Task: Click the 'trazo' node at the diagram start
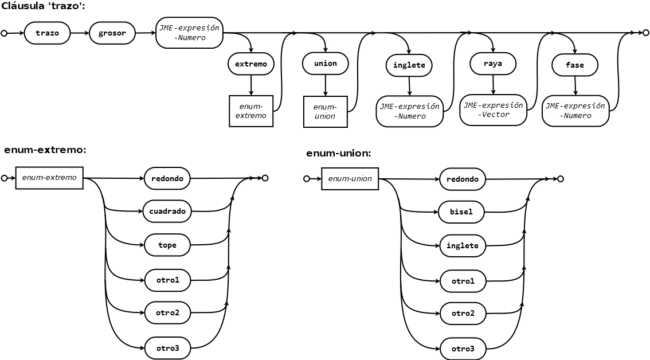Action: pyautogui.click(x=47, y=33)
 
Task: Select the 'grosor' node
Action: pyautogui.click(x=112, y=33)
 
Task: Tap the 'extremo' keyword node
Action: pyautogui.click(x=251, y=64)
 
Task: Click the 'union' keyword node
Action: pyautogui.click(x=326, y=64)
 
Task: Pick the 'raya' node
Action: pyautogui.click(x=493, y=64)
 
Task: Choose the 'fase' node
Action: pyautogui.click(x=574, y=65)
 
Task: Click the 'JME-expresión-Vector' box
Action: pyautogui.click(x=494, y=110)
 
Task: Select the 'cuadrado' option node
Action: pyautogui.click(x=167, y=211)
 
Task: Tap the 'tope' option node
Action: pyautogui.click(x=167, y=245)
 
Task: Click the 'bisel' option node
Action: pyautogui.click(x=461, y=212)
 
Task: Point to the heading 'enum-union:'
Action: pyautogui.click(x=339, y=154)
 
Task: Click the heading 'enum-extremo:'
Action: pyautogui.click(x=45, y=150)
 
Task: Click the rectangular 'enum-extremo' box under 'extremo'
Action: pyautogui.click(x=251, y=111)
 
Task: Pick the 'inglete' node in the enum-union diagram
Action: pyautogui.click(x=462, y=245)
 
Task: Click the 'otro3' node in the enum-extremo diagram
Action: pyautogui.click(x=167, y=348)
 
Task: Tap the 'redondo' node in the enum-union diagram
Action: pyautogui.click(x=462, y=179)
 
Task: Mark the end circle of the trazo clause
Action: pyautogui.click(x=645, y=33)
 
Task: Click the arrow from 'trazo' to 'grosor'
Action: pyautogui.click(x=80, y=33)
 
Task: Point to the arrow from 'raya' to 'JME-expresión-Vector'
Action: pyautogui.click(x=494, y=85)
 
